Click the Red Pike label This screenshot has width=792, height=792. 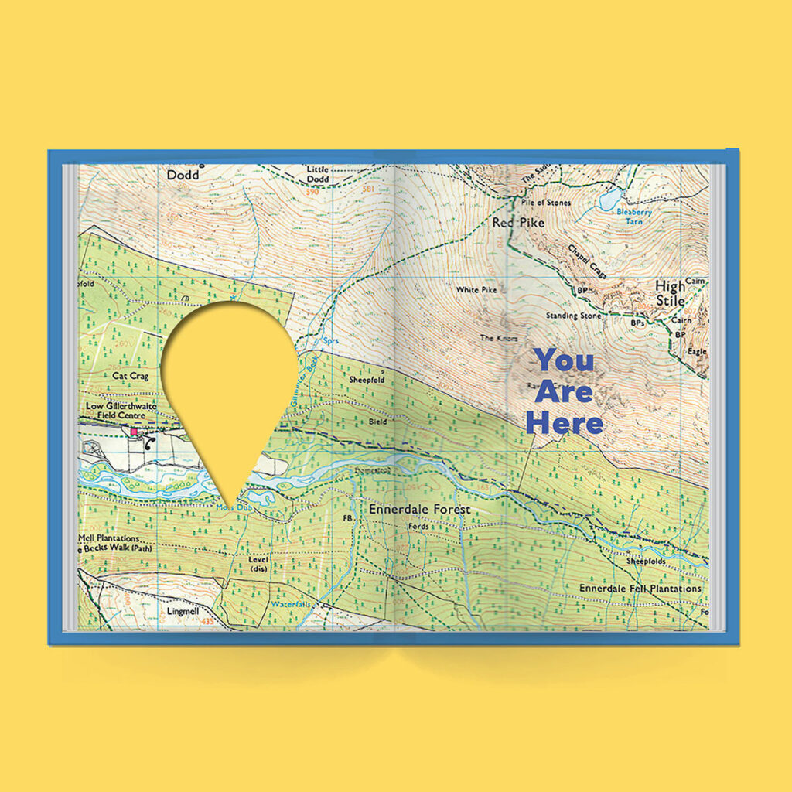(518, 223)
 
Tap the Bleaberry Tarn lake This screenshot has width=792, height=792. (610, 200)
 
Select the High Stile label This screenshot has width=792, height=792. (670, 292)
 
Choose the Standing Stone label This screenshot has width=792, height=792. (572, 316)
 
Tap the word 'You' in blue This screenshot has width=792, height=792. (565, 360)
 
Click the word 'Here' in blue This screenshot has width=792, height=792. (564, 423)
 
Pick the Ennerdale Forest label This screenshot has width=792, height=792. (419, 510)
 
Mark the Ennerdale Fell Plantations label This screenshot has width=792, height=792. (640, 589)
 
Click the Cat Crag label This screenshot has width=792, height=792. (129, 376)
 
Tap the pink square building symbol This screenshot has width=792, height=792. (134, 432)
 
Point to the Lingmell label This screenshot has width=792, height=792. (183, 611)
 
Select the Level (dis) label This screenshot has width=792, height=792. (258, 563)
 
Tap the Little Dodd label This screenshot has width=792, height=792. (318, 174)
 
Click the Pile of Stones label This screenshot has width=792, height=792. (545, 203)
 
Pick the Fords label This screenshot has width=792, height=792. (418, 528)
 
